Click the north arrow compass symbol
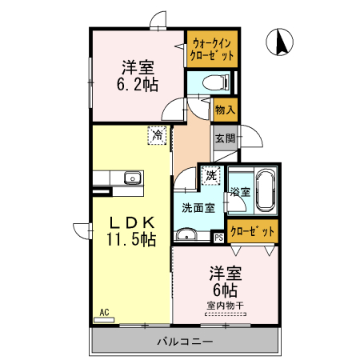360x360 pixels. [x=282, y=42]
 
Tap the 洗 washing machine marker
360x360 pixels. [x=210, y=174]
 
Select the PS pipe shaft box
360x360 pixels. [x=218, y=236]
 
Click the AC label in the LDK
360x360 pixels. [x=104, y=311]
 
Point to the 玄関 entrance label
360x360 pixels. [x=225, y=138]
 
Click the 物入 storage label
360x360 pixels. [x=225, y=109]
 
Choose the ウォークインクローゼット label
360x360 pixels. [x=213, y=49]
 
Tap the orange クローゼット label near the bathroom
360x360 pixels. [x=253, y=231]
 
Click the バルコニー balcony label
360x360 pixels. [x=185, y=342]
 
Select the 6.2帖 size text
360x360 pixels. [x=138, y=82]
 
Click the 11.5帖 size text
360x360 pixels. [x=129, y=238]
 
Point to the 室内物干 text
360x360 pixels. [x=225, y=305]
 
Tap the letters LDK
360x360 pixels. [x=128, y=221]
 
